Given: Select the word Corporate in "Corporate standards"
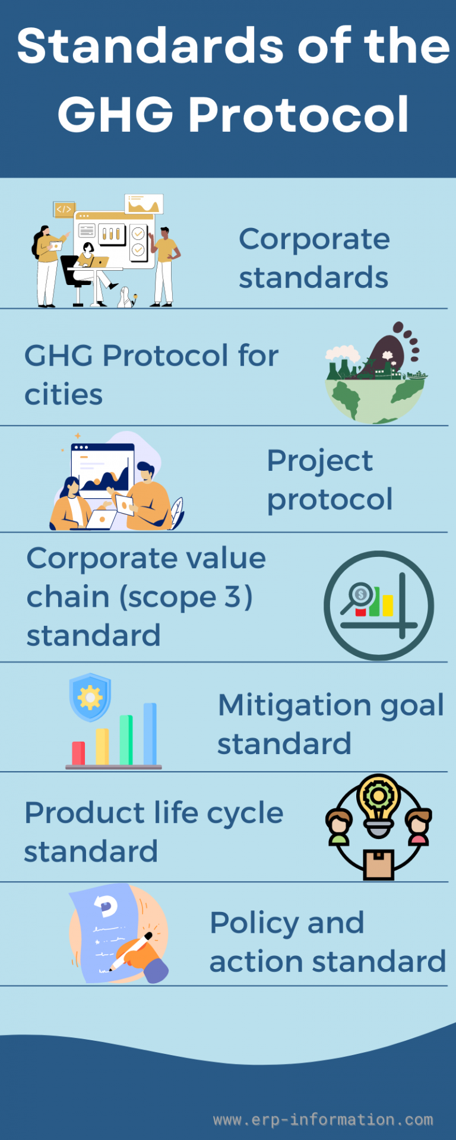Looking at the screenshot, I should pos(314,239).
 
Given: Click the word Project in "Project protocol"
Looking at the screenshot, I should pos(319,461).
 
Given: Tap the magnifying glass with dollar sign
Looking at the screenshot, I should pos(357,596).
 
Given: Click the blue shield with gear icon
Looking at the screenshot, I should pos(90,696).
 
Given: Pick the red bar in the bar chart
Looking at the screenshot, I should pos(78,753).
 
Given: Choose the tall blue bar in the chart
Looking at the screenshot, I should pos(150,734).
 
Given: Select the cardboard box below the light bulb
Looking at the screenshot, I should pos(379,864).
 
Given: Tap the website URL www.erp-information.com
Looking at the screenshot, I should pos(323,1119).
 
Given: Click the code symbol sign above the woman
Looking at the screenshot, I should pos(64,209).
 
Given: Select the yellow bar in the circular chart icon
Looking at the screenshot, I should pos(387,605).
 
